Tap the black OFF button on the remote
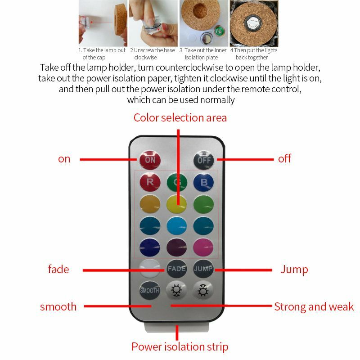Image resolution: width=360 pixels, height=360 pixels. pos(203,160)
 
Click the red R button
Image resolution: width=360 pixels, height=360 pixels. pos(150,182)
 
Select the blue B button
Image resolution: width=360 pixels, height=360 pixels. pos(204,182)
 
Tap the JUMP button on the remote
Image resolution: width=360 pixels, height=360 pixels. pos(203,268)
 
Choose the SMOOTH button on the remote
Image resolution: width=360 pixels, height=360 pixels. pos(149,290)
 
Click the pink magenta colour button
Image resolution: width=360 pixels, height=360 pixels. pos(203,247)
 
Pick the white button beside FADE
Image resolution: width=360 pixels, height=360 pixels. pos(150,268)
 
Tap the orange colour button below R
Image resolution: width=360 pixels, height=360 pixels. pos(150,204)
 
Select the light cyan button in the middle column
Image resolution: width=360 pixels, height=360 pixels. pos(176,226)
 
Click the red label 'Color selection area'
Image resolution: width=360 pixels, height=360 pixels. pos(180,118)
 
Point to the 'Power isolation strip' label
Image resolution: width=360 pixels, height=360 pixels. pos(180,346)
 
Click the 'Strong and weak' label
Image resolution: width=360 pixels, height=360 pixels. pos(314,307)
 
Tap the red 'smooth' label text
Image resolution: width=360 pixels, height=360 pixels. pos(58,307)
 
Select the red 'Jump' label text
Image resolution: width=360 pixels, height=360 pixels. pos(294,269)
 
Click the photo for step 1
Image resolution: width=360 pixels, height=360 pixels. pos(103,23)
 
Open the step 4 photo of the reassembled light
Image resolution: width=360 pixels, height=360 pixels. pos(254,23)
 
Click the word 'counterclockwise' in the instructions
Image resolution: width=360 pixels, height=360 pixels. pos(189,67)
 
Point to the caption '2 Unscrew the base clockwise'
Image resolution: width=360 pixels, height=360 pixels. pos(153,54)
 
